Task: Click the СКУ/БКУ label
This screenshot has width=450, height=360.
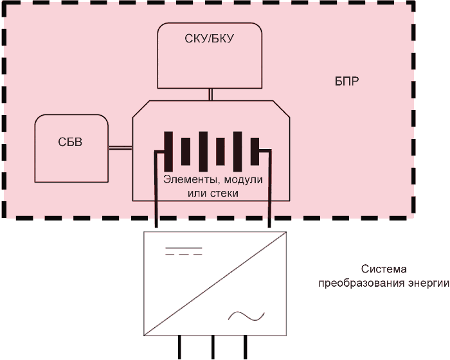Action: (209, 39)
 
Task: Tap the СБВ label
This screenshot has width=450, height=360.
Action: (70, 142)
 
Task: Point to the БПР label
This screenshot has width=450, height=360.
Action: (346, 82)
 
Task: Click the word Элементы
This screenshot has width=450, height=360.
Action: (192, 180)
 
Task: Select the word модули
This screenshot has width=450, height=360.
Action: (244, 180)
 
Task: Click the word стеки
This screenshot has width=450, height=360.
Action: (225, 193)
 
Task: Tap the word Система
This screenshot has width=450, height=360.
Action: (384, 269)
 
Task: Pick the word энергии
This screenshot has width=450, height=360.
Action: (429, 283)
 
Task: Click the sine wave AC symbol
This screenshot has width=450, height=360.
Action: (246, 316)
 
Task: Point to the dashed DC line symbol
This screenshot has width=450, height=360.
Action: (184, 255)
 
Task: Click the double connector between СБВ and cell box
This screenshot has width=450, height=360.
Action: (120, 148)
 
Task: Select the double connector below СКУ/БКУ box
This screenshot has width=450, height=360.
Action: (210, 94)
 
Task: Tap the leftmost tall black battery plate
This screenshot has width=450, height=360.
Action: (168, 151)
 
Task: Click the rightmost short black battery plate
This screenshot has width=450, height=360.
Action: (255, 151)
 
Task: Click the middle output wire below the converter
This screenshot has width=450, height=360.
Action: (213, 347)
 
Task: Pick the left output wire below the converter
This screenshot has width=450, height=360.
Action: (179, 347)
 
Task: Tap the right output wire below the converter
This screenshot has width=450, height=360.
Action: (246, 347)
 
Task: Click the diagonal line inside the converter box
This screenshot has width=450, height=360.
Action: (215, 283)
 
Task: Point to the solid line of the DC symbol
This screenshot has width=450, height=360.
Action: (184, 248)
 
